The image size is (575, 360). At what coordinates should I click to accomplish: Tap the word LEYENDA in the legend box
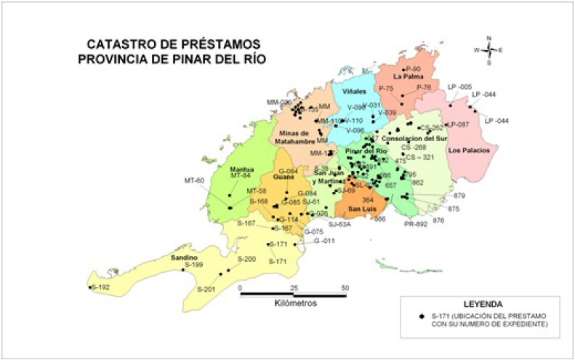[480, 303]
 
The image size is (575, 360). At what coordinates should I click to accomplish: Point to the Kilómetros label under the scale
[296, 303]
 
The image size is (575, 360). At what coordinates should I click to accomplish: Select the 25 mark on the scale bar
[294, 288]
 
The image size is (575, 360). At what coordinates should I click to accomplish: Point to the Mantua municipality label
[241, 168]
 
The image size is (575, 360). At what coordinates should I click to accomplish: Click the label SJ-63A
[339, 225]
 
